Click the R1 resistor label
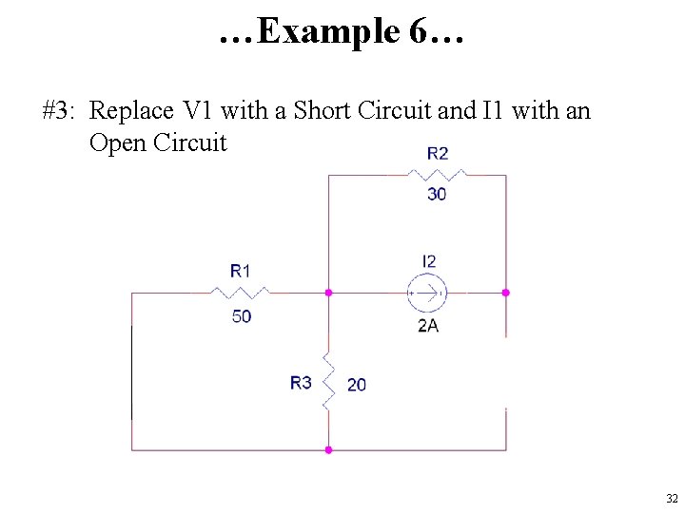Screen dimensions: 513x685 pyautogui.click(x=241, y=271)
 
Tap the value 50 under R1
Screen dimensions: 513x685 pyautogui.click(x=242, y=316)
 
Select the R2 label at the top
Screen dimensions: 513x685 pyautogui.click(x=438, y=152)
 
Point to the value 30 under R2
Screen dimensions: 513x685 pyautogui.click(x=437, y=194)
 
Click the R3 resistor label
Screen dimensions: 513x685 pyautogui.click(x=301, y=383)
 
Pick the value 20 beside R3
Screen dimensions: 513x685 pyautogui.click(x=357, y=385)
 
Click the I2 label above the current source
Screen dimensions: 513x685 pyautogui.click(x=429, y=261)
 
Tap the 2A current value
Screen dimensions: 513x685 pyautogui.click(x=428, y=326)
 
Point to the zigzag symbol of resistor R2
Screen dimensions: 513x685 pyautogui.click(x=437, y=175)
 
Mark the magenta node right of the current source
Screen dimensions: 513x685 pyautogui.click(x=506, y=293)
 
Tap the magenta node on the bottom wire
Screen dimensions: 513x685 pyautogui.click(x=328, y=449)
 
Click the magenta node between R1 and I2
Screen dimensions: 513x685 pyautogui.click(x=328, y=293)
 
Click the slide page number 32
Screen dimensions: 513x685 pyautogui.click(x=672, y=499)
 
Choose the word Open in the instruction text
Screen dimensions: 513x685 pyautogui.click(x=117, y=143)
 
